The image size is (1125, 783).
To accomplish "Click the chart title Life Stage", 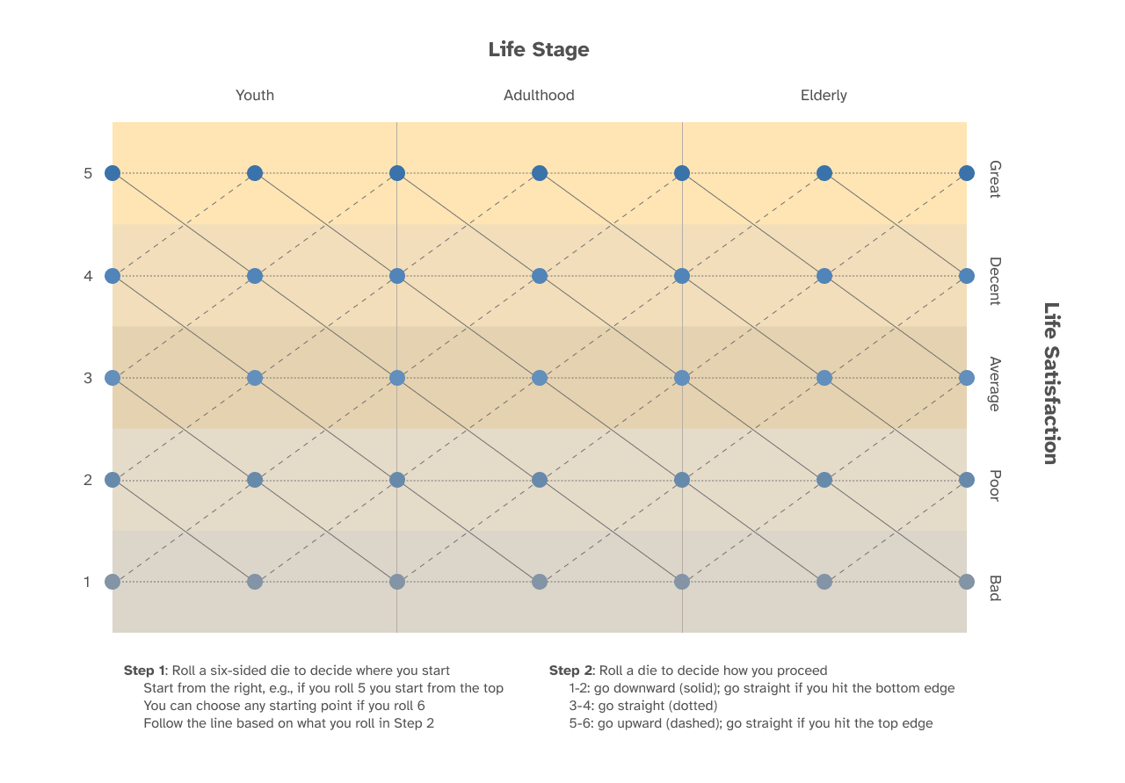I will (x=539, y=50).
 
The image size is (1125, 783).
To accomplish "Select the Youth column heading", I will (x=255, y=95).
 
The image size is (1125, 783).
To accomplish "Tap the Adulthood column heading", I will (x=539, y=95).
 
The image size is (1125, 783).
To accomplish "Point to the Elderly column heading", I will (x=824, y=95).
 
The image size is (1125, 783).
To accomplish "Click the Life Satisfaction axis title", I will (x=1050, y=383).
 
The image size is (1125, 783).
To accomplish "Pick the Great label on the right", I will (x=995, y=178).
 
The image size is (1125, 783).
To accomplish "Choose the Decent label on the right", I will (x=995, y=281).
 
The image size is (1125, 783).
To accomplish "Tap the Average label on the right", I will (x=995, y=384).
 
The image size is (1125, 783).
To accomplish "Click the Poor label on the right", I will (x=995, y=485).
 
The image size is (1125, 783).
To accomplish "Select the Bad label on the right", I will (x=995, y=588).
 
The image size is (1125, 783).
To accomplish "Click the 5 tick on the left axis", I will (x=88, y=173).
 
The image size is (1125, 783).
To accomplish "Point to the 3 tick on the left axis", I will (x=88, y=378).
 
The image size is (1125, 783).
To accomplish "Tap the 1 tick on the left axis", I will (x=88, y=582).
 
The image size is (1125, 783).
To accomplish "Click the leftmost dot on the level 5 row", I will (x=112, y=173).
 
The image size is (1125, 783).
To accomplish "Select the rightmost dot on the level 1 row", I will (x=967, y=582).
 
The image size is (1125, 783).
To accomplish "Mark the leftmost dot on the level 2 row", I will (x=112, y=480).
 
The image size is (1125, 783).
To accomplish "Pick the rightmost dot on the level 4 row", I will (x=967, y=276).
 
